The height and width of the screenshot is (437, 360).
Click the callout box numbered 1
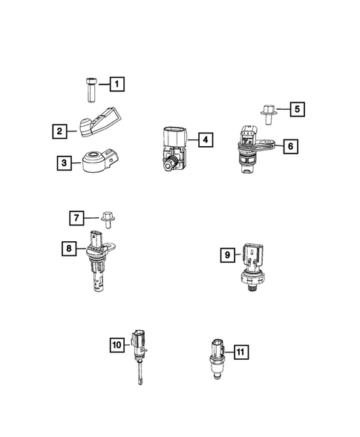(x=117, y=85)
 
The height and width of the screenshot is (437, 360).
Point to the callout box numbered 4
(x=203, y=139)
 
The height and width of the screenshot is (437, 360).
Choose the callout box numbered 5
(x=296, y=110)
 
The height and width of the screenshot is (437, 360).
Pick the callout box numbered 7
(x=76, y=217)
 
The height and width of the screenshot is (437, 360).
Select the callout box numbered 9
(x=228, y=255)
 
